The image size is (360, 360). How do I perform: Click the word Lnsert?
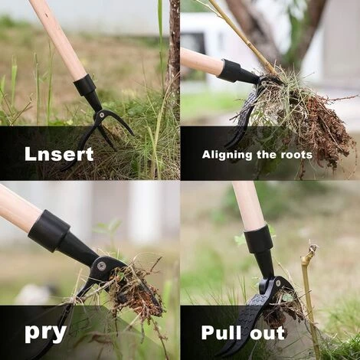(x=59, y=154)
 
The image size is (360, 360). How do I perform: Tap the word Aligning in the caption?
(x=224, y=155)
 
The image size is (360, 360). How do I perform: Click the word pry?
(x=46, y=333)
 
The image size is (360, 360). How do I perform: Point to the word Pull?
(x=221, y=332)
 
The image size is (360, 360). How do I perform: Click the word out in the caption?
(x=267, y=333)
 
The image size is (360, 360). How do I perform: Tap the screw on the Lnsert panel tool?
(x=102, y=115)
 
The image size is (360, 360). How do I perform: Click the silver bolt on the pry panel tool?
(x=101, y=266)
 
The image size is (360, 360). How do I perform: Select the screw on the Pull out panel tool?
(x=277, y=283)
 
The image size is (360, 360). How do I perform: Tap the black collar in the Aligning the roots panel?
(x=230, y=70)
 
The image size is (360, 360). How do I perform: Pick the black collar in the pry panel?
(x=49, y=231)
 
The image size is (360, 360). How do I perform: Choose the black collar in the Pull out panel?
(x=258, y=238)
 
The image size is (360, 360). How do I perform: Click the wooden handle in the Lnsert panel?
(x=60, y=39)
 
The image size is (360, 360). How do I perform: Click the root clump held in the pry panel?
(x=138, y=293)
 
